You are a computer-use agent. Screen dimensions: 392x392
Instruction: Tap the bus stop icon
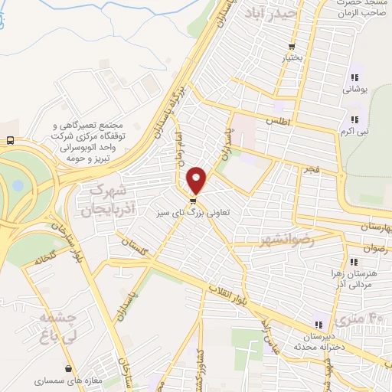(x=9, y=141)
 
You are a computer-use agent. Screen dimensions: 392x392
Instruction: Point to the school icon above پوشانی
(x=354, y=77)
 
